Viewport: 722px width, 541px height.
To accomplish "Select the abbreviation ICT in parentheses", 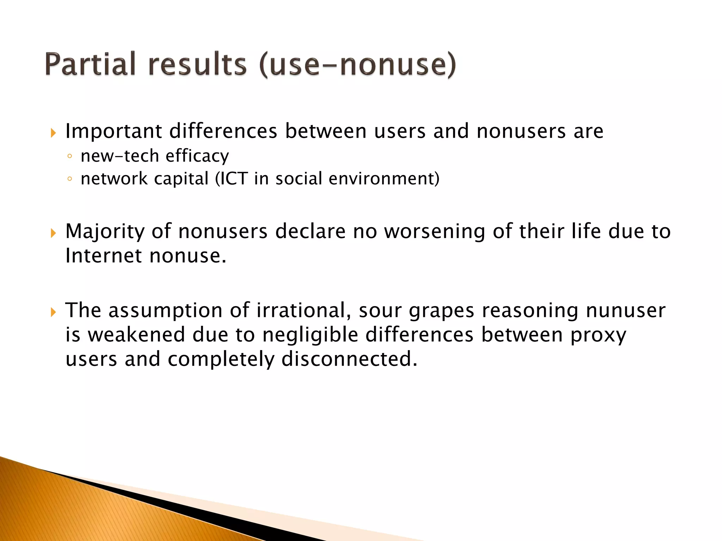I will (x=234, y=179).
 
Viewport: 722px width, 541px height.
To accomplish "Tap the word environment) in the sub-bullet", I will (x=384, y=179).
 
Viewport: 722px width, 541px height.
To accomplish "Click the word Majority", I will (x=105, y=232).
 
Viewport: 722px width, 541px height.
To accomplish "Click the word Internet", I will (x=104, y=255).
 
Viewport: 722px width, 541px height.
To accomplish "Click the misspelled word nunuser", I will (x=625, y=311).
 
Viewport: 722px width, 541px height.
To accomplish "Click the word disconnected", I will (x=349, y=359).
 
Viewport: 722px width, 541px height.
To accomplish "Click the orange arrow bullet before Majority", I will (x=53, y=233).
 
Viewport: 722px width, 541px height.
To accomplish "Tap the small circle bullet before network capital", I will (x=69, y=179).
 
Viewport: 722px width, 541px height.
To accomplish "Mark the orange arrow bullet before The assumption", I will (x=53, y=312).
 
